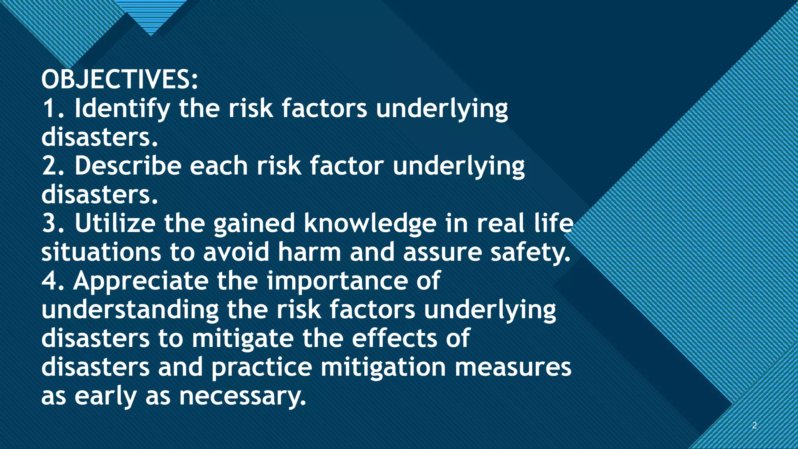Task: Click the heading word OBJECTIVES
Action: point(117,80)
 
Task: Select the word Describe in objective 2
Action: point(128,166)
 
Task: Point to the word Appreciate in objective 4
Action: point(141,281)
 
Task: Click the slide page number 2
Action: point(754,425)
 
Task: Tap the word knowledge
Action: point(370,224)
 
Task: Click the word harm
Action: point(309,252)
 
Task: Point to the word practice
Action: point(261,368)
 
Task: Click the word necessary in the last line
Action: point(242,396)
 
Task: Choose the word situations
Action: point(101,252)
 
